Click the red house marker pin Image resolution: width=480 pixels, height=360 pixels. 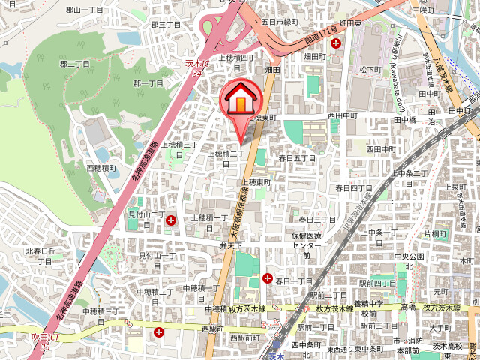(x=239, y=100)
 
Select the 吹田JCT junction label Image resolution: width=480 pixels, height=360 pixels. (x=35, y=343)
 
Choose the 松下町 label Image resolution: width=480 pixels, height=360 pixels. (x=370, y=69)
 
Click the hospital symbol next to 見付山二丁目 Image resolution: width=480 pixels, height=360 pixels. (x=171, y=220)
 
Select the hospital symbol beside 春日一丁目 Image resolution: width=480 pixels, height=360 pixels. (x=268, y=279)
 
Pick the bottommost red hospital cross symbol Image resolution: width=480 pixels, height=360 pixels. (x=158, y=331)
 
